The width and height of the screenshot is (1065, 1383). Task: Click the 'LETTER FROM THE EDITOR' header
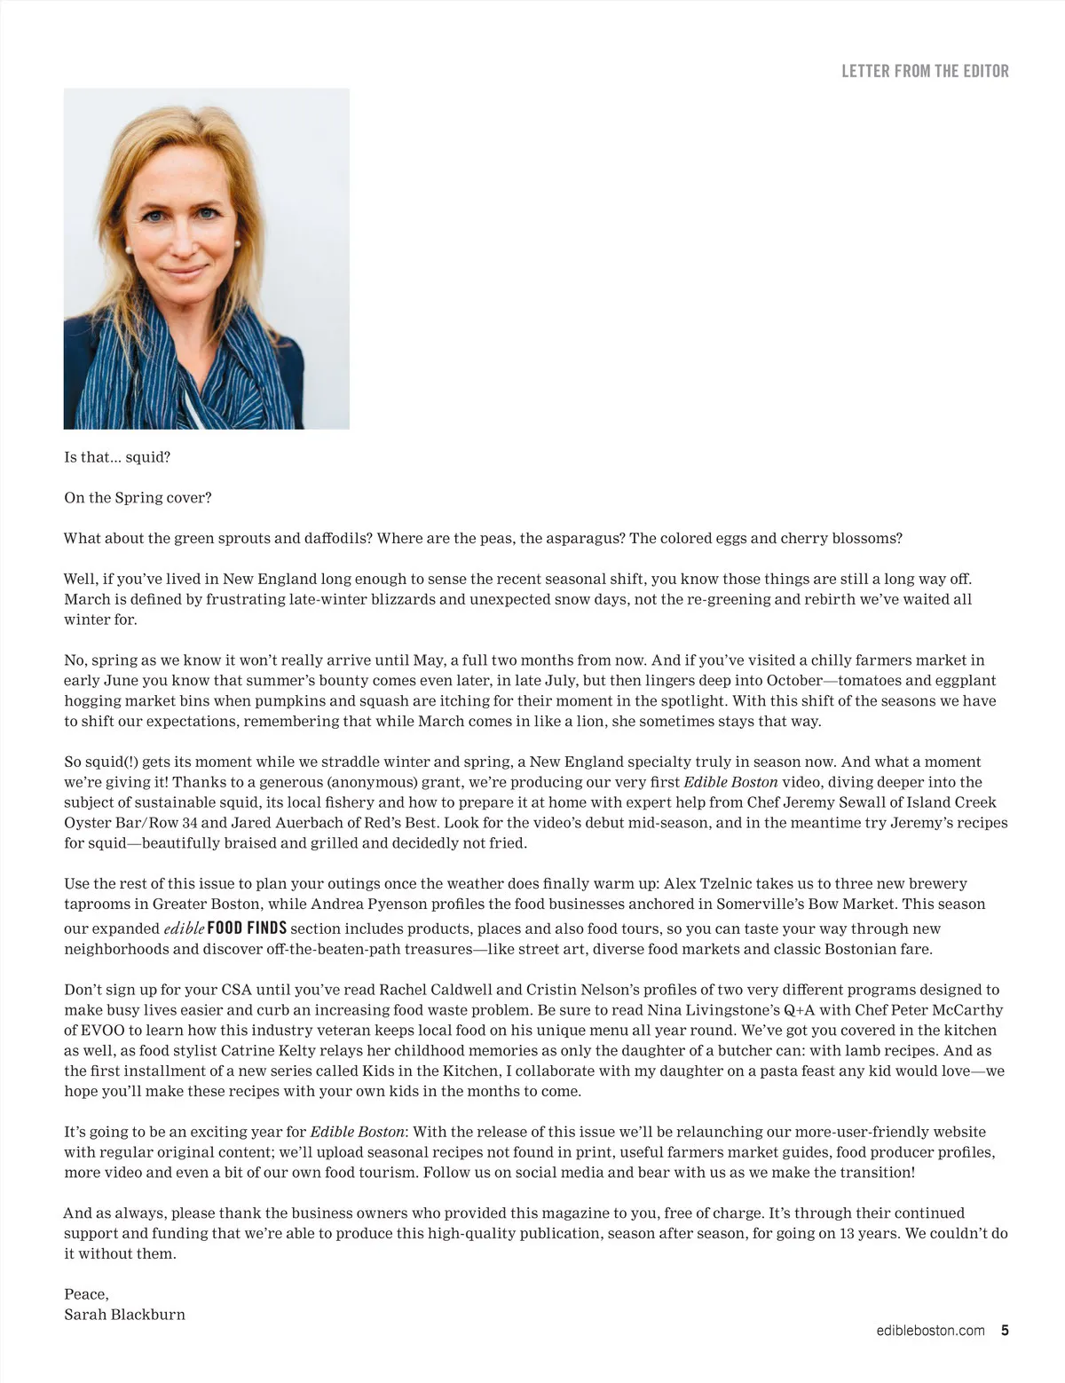[925, 71]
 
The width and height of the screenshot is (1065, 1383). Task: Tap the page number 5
[1005, 1330]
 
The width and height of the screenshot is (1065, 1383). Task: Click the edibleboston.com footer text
[930, 1330]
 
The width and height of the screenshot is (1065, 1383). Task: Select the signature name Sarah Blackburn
[124, 1314]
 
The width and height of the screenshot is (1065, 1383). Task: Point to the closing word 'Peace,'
[86, 1294]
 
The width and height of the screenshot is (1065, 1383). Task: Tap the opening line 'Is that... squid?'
[117, 457]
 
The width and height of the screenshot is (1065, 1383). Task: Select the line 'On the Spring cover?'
[138, 497]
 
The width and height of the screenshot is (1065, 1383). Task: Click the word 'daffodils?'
[332, 538]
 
